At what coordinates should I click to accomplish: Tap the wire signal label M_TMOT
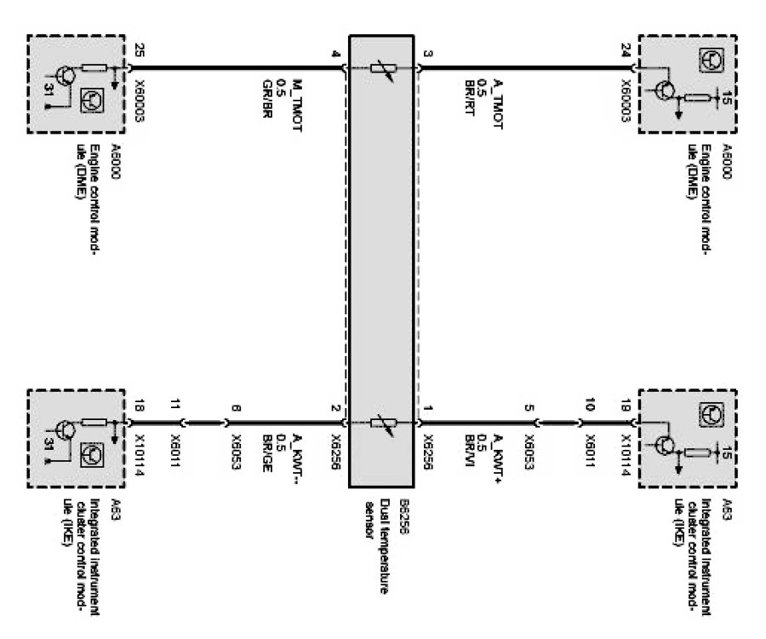[299, 101]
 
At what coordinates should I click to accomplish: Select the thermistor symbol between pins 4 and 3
[380, 67]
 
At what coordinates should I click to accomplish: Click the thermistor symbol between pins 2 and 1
[380, 422]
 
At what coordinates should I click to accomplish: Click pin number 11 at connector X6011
[176, 408]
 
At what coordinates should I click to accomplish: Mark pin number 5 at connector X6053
[530, 408]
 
